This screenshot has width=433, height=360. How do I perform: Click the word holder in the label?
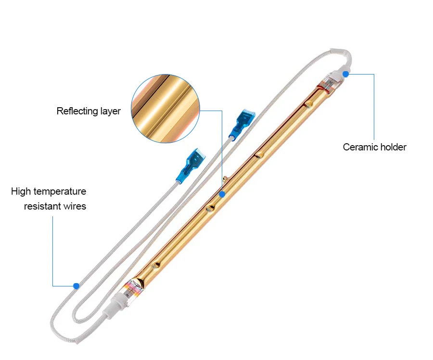pos(392,147)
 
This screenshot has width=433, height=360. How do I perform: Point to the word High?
pos(21,191)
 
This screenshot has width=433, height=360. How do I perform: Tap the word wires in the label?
pos(75,207)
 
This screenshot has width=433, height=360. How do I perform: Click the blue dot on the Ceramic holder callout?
pos(345,74)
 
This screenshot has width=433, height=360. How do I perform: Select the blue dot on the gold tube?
pos(222,195)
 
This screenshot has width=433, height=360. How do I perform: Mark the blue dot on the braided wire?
pos(76,286)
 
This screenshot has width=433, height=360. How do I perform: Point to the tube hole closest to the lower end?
pos(155,264)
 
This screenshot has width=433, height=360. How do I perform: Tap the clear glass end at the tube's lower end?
pos(134,287)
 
